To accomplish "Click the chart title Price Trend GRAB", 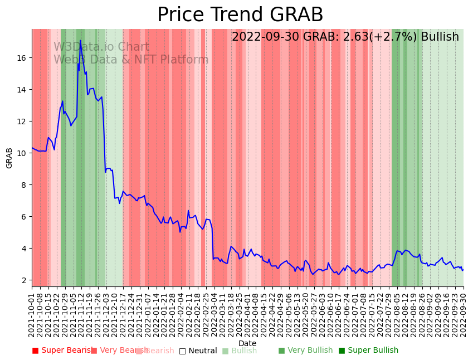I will pos(240,15).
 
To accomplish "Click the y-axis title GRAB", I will pos(9,158).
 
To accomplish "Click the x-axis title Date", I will pos(247,344).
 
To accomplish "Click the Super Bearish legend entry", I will pos(62,351).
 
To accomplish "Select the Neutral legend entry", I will pos(198,351).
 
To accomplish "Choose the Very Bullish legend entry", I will pos(305,351).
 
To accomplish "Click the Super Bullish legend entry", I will pos(368,351).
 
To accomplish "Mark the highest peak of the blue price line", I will pos(80,41).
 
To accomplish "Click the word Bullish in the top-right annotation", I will pos(440,37).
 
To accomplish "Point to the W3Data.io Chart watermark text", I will pos(101,47).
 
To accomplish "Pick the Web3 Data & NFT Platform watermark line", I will pos(131,60).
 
